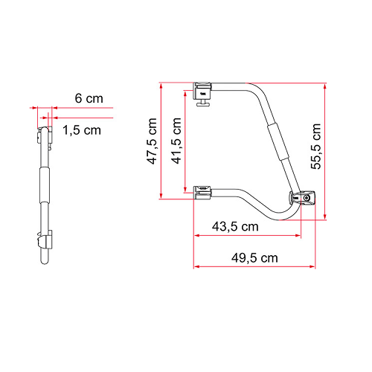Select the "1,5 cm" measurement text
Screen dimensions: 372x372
[x=82, y=129]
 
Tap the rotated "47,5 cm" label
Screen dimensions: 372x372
[x=151, y=141]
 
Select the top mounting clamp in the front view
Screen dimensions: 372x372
[x=202, y=92]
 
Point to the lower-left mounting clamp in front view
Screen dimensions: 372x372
[x=202, y=193]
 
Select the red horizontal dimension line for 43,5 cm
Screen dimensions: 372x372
[x=246, y=235]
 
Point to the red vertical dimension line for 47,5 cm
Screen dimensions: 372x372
[x=160, y=141]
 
